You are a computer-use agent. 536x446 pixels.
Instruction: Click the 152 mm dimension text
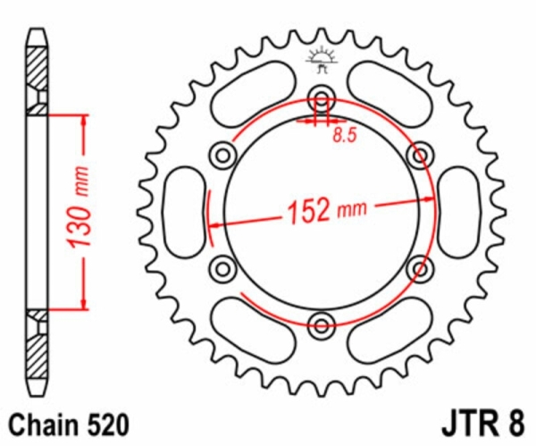327,211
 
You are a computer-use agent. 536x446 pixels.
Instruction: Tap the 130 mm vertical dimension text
80,207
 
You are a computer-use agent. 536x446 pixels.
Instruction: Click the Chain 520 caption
69,425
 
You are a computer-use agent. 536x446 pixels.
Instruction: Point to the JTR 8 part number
482,425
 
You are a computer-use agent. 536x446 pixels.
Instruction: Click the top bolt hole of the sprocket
321,98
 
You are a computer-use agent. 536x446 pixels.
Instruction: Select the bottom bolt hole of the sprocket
321,324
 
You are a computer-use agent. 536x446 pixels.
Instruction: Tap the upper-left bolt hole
222,156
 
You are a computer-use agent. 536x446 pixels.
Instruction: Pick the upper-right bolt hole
420,156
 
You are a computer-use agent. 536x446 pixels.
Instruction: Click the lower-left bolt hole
222,268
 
